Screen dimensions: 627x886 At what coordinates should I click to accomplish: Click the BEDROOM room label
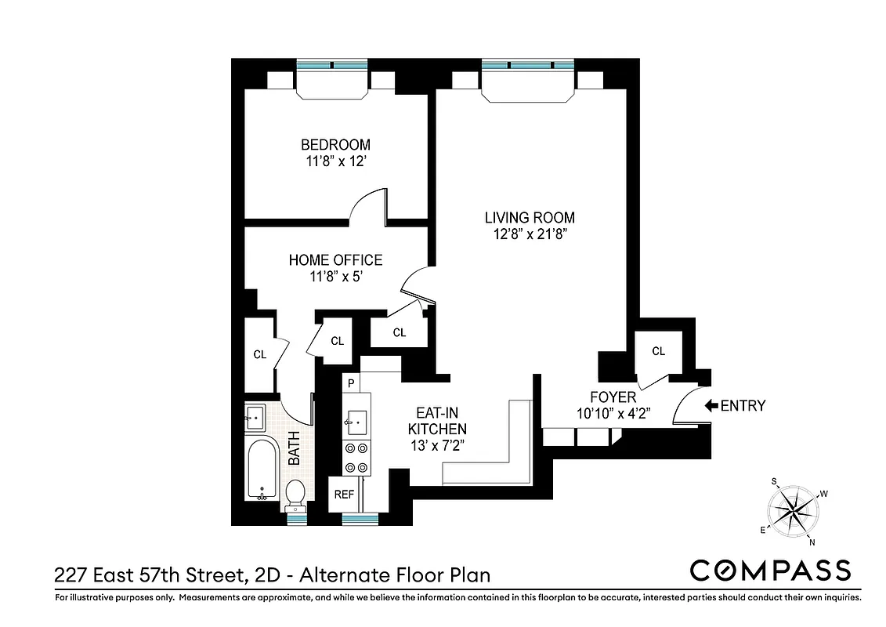335,145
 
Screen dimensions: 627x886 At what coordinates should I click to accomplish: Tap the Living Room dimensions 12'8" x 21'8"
530,234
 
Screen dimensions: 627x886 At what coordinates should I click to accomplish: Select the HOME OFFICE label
335,260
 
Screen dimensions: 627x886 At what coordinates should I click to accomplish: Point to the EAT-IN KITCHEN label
437,422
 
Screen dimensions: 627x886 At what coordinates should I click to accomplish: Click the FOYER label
613,397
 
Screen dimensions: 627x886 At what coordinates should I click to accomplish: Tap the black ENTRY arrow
711,406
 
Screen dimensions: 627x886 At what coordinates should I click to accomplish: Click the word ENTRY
743,406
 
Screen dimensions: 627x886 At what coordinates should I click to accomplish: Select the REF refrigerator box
344,495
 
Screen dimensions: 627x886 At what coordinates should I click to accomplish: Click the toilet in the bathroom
295,494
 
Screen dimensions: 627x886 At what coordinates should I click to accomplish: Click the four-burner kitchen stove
356,458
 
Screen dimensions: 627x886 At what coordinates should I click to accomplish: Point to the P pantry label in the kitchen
352,383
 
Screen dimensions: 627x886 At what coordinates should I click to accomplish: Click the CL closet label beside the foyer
658,351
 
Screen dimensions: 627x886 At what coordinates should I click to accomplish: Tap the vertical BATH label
295,449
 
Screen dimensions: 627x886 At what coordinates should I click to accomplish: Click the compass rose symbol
793,510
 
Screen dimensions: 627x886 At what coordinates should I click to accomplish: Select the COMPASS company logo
769,570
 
